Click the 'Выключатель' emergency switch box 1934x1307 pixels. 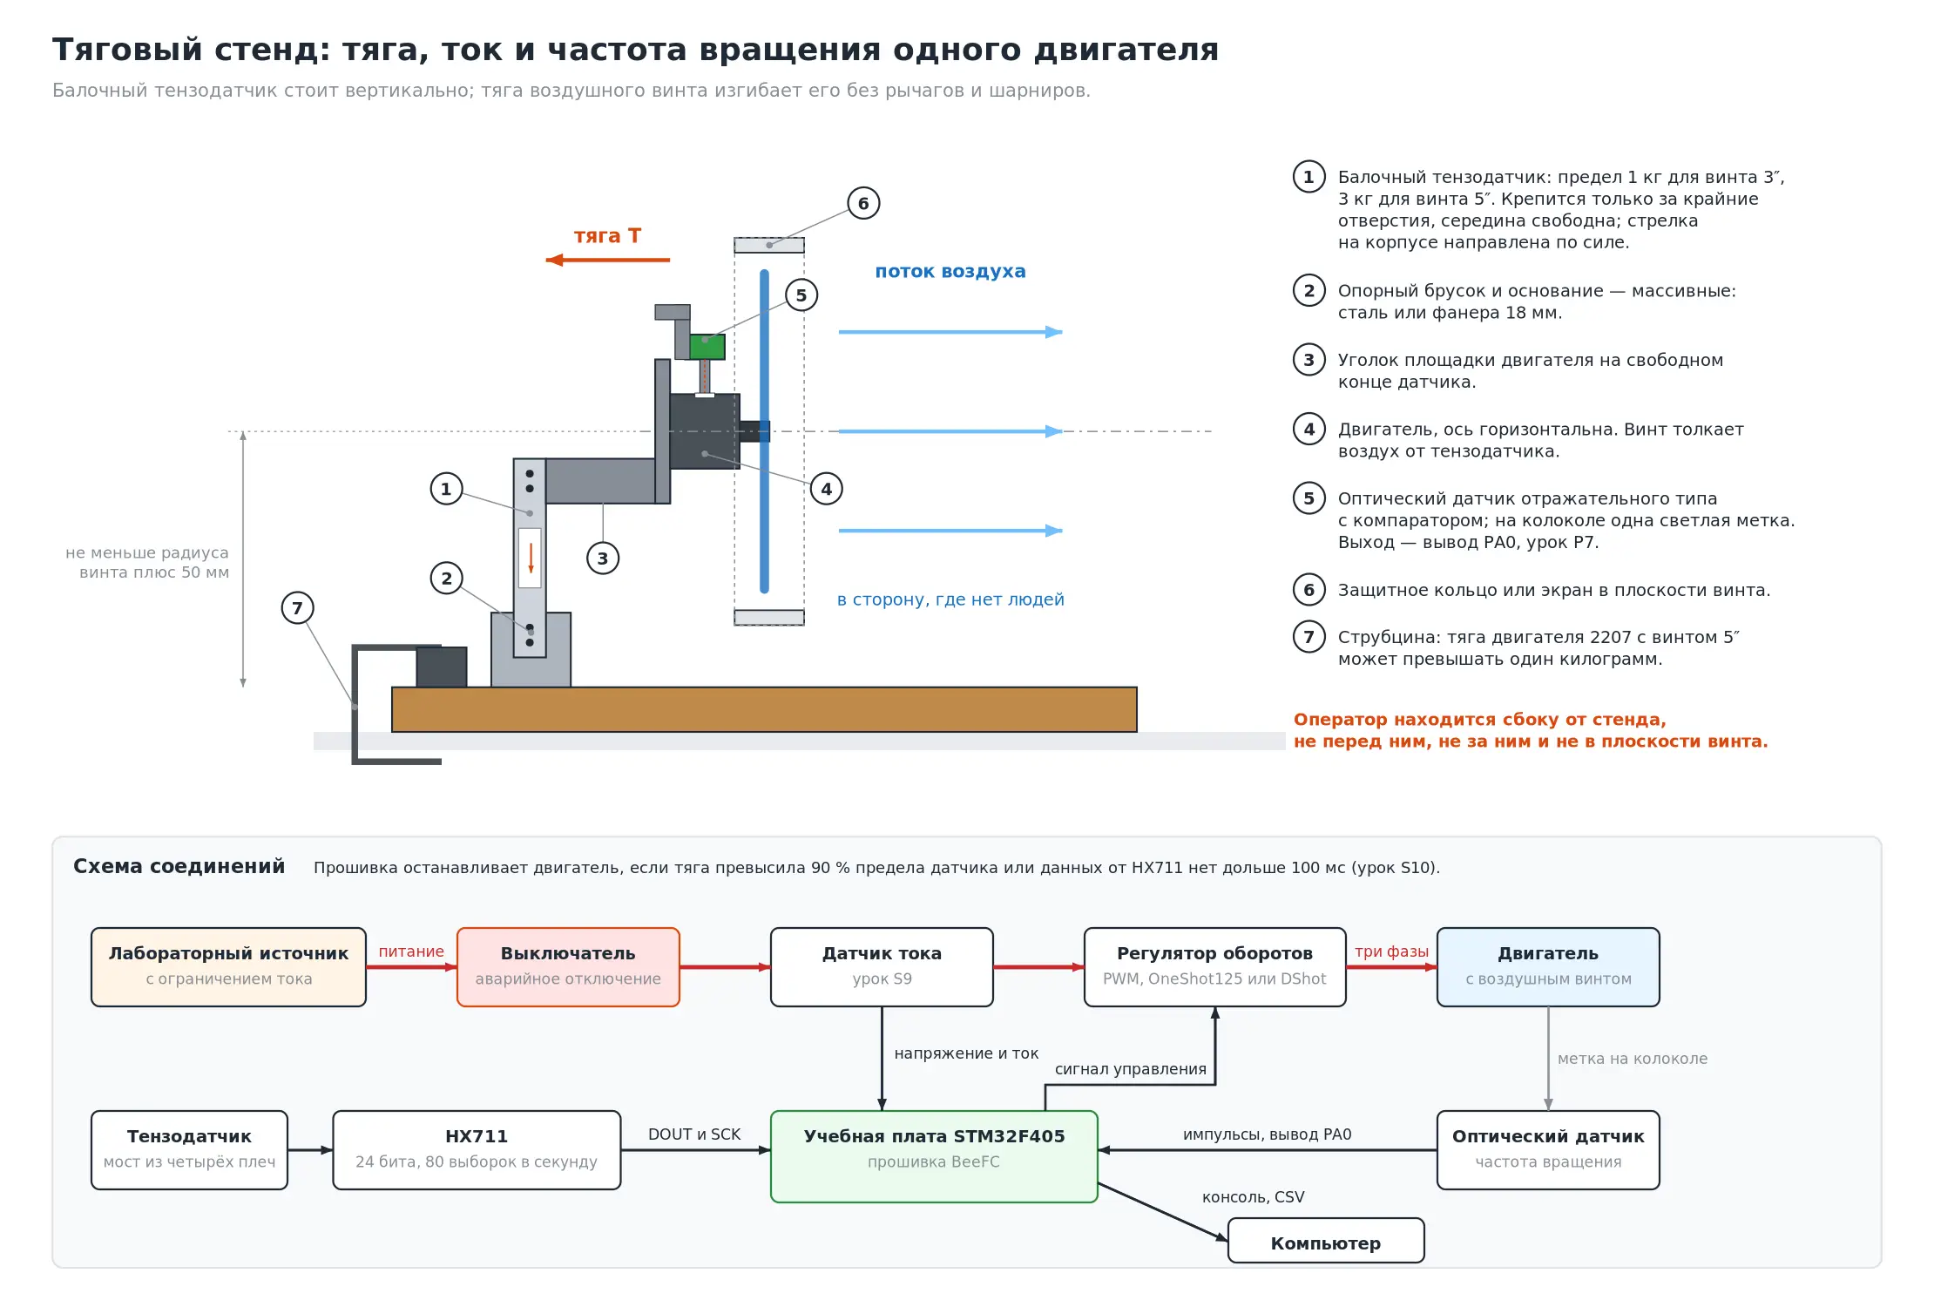568,967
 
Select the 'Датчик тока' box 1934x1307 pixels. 882,967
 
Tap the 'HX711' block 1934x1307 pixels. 477,1150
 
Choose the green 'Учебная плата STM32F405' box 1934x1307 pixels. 934,1156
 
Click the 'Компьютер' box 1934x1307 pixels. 1326,1241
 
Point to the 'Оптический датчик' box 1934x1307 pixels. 1548,1150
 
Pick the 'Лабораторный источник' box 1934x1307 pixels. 228,967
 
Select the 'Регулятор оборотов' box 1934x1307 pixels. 1215,967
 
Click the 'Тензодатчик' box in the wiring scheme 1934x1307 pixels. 189,1150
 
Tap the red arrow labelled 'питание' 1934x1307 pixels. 411,967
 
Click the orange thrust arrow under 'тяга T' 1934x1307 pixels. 608,260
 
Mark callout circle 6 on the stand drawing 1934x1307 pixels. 863,203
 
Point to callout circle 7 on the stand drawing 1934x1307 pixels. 297,608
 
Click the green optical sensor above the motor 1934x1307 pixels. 707,347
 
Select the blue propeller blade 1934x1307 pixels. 764,431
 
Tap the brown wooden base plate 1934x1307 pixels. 764,709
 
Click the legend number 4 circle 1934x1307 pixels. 1308,429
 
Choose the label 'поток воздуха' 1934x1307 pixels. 950,271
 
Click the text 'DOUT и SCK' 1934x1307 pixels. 694,1134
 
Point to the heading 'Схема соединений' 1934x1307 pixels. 179,866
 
